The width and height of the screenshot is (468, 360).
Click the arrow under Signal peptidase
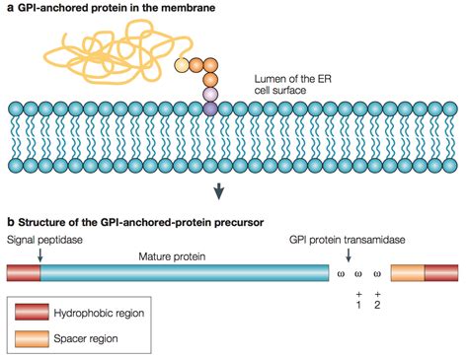click(39, 254)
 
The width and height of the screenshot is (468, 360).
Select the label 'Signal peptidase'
click(45, 239)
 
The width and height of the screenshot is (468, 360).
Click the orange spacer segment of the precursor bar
click(408, 273)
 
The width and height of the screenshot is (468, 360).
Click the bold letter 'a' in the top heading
click(9, 9)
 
